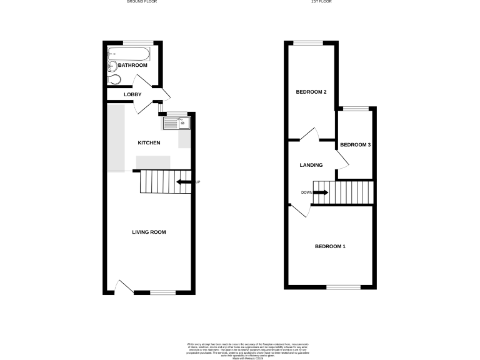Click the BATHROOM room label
click(132, 66)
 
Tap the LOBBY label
click(132, 94)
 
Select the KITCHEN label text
click(149, 143)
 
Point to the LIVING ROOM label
click(149, 232)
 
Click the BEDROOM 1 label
click(329, 247)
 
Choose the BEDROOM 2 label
click(311, 92)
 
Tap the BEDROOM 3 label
click(355, 145)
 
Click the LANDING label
click(311, 166)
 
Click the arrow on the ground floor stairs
click(184, 182)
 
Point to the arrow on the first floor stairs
click(321, 192)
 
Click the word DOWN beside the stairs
click(306, 192)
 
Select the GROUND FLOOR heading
click(142, 2)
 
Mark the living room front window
click(162, 292)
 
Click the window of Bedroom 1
click(343, 287)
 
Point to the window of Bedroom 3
click(356, 109)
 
